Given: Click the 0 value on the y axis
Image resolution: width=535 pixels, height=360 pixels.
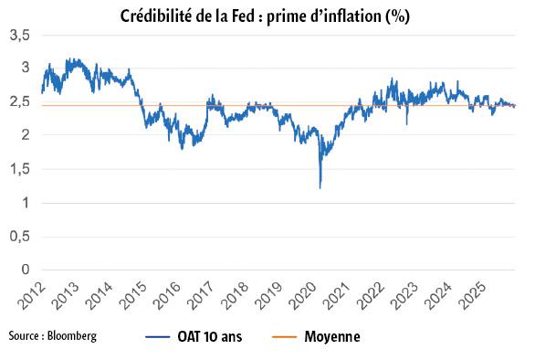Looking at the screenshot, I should click(26, 270).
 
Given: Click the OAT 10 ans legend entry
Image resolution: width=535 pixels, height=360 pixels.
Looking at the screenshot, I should click(219, 337).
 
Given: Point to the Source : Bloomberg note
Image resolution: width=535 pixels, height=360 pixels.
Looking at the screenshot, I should click(52, 336).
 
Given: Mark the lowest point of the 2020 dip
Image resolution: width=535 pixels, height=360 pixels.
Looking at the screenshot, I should click(320, 188).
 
